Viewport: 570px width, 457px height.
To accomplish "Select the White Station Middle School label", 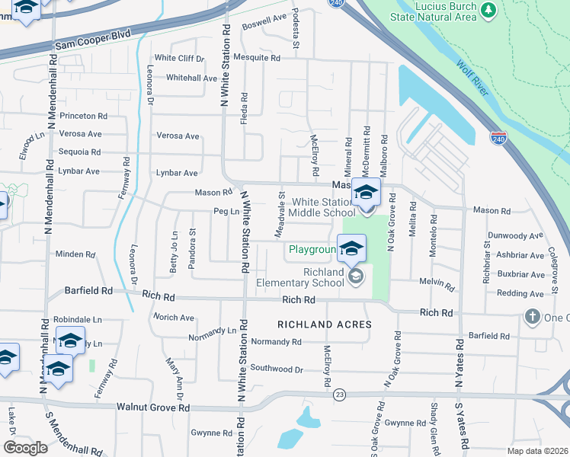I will click(x=323, y=207).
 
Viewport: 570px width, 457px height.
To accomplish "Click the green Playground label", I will click(x=312, y=249).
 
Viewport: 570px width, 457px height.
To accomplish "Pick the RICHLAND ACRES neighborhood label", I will click(x=324, y=324).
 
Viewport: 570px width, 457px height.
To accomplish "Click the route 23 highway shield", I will click(x=339, y=393).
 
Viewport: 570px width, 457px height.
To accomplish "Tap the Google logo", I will click(x=26, y=447).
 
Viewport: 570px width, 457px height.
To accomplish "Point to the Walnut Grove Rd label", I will click(x=152, y=407).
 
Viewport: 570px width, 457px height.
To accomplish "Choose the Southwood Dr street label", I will click(x=277, y=369).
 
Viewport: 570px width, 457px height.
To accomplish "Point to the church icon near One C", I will click(x=533, y=316).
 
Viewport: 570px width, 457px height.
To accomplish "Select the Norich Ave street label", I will click(x=173, y=317).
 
